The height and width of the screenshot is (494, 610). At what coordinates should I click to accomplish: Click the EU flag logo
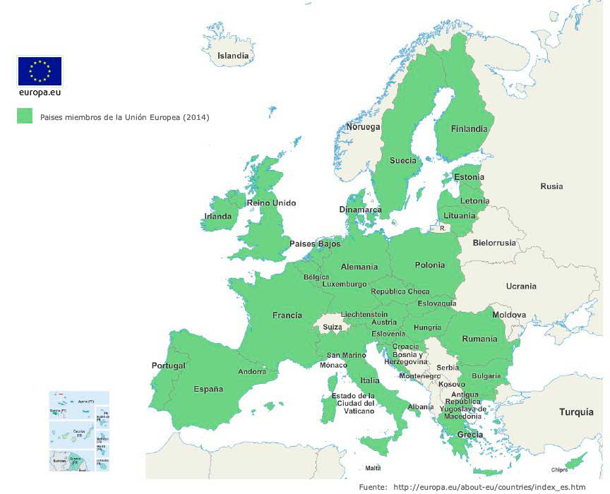(x=40, y=71)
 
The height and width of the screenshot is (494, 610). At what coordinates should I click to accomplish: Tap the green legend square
(x=25, y=116)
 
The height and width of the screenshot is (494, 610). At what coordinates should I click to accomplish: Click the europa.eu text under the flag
(x=40, y=92)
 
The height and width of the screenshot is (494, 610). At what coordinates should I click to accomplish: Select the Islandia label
(x=233, y=56)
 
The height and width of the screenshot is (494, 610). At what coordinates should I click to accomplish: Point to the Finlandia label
(x=469, y=129)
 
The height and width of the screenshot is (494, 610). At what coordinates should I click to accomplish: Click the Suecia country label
(x=403, y=160)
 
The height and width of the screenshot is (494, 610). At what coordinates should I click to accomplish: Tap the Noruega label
(x=363, y=127)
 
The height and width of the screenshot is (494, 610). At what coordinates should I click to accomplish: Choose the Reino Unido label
(x=271, y=203)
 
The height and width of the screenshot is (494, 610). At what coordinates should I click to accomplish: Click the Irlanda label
(x=218, y=217)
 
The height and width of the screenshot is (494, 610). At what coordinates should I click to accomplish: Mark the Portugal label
(x=169, y=366)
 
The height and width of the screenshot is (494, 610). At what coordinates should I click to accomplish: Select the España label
(x=208, y=389)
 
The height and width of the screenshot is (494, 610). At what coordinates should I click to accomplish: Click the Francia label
(x=287, y=315)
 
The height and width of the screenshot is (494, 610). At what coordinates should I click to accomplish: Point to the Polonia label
(x=430, y=265)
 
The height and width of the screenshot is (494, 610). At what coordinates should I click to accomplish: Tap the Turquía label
(x=576, y=412)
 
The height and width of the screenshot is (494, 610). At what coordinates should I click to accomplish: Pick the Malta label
(x=373, y=468)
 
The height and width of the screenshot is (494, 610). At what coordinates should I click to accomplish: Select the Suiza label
(x=333, y=327)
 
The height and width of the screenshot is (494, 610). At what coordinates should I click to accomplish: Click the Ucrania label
(x=521, y=287)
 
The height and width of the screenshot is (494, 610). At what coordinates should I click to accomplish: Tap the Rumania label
(x=479, y=339)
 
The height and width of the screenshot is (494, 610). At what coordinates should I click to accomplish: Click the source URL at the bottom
(x=489, y=487)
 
